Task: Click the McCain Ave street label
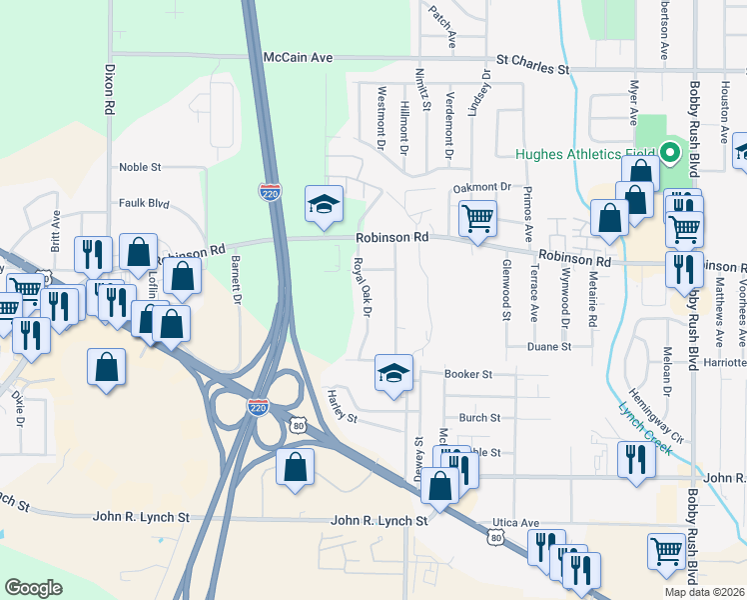click(x=298, y=58)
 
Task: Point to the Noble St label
click(x=140, y=167)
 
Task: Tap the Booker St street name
click(x=469, y=374)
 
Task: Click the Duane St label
click(x=549, y=346)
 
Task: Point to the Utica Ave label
click(x=515, y=522)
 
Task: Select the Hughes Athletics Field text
click(x=585, y=154)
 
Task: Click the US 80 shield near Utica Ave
click(x=495, y=538)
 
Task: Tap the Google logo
click(x=33, y=587)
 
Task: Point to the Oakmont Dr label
click(x=481, y=187)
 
